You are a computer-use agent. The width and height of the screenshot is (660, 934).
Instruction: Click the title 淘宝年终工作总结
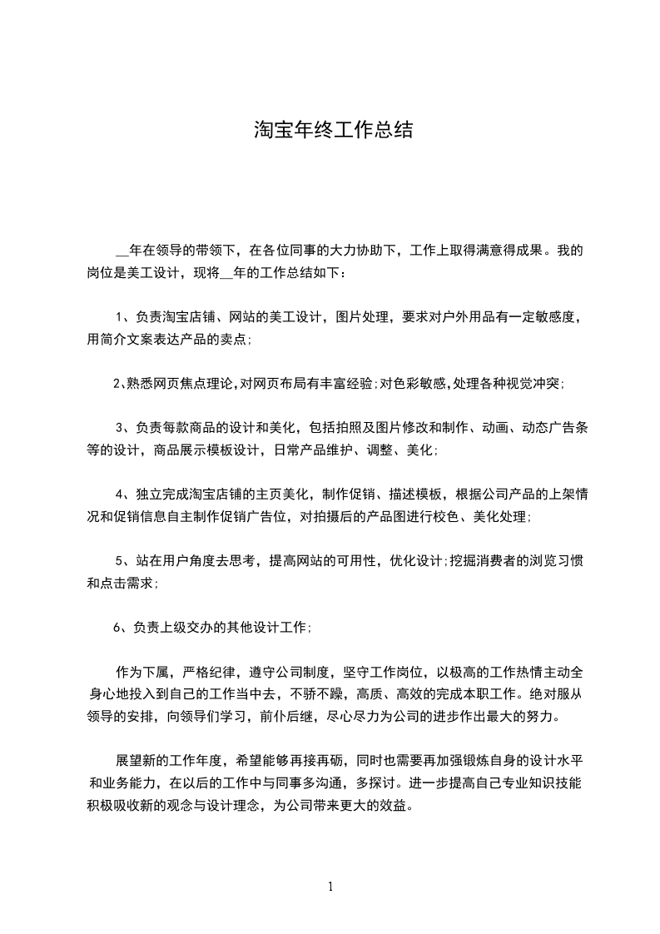(332, 131)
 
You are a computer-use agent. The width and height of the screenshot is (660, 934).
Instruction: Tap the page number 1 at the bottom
(330, 887)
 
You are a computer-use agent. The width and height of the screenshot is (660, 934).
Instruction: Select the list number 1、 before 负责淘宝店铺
(122, 317)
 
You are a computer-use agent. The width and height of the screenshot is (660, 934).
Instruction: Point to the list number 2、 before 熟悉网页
(119, 384)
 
